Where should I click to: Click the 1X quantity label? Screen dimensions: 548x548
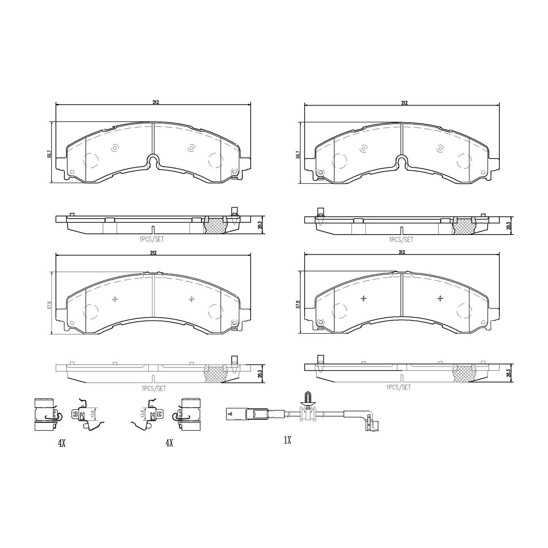pyautogui.click(x=287, y=441)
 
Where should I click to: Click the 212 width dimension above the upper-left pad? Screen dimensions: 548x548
pyautogui.click(x=156, y=102)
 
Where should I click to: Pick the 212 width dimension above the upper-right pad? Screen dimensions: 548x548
pyautogui.click(x=404, y=103)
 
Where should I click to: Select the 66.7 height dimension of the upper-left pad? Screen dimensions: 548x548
pyautogui.click(x=49, y=154)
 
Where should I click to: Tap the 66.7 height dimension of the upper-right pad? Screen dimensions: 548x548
pyautogui.click(x=298, y=154)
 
